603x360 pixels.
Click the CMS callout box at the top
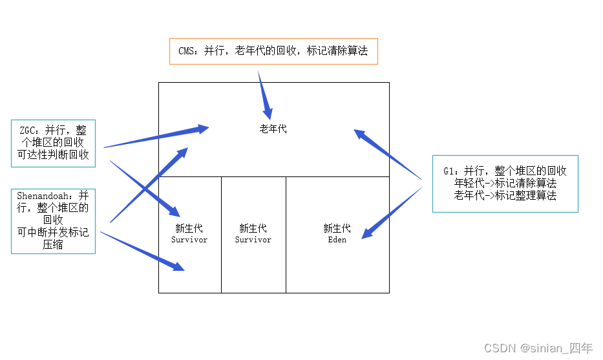[x=273, y=51]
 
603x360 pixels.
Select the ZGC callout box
[x=53, y=143]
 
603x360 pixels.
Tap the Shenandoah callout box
[x=53, y=219]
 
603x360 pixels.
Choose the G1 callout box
[x=505, y=184]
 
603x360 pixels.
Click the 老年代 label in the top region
[x=273, y=129]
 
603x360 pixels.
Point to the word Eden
[x=337, y=240]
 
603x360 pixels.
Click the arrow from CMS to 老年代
[x=265, y=94]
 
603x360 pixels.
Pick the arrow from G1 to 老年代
[x=388, y=154]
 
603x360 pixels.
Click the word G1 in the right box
[x=450, y=171]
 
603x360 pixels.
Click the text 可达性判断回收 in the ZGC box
[x=53, y=155]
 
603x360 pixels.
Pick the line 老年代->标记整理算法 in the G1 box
[x=505, y=196]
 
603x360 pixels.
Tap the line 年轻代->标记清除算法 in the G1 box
[x=505, y=184]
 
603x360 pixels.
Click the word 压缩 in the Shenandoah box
[x=53, y=244]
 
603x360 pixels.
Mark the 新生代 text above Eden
[x=337, y=228]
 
